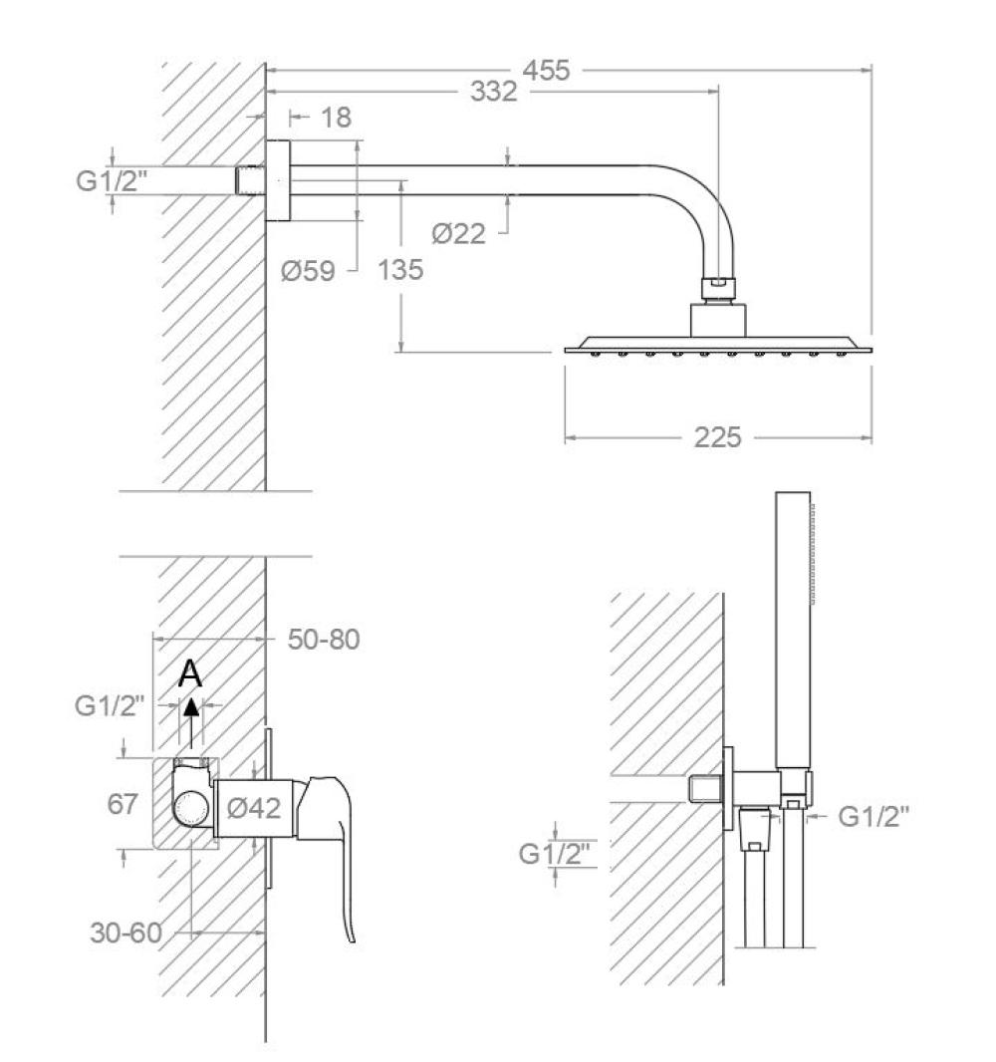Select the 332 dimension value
pyautogui.click(x=495, y=92)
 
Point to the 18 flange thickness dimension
pyautogui.click(x=337, y=118)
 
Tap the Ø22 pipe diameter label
pyautogui.click(x=458, y=234)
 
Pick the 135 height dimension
pyautogui.click(x=400, y=270)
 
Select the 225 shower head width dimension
pyautogui.click(x=717, y=436)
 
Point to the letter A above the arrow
pyautogui.click(x=190, y=675)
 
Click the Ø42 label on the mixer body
pyautogui.click(x=253, y=809)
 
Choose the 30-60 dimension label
pyautogui.click(x=125, y=933)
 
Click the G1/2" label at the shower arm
pyautogui.click(x=112, y=181)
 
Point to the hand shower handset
pyautogui.click(x=794, y=628)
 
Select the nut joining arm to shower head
pyautogui.click(x=717, y=289)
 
